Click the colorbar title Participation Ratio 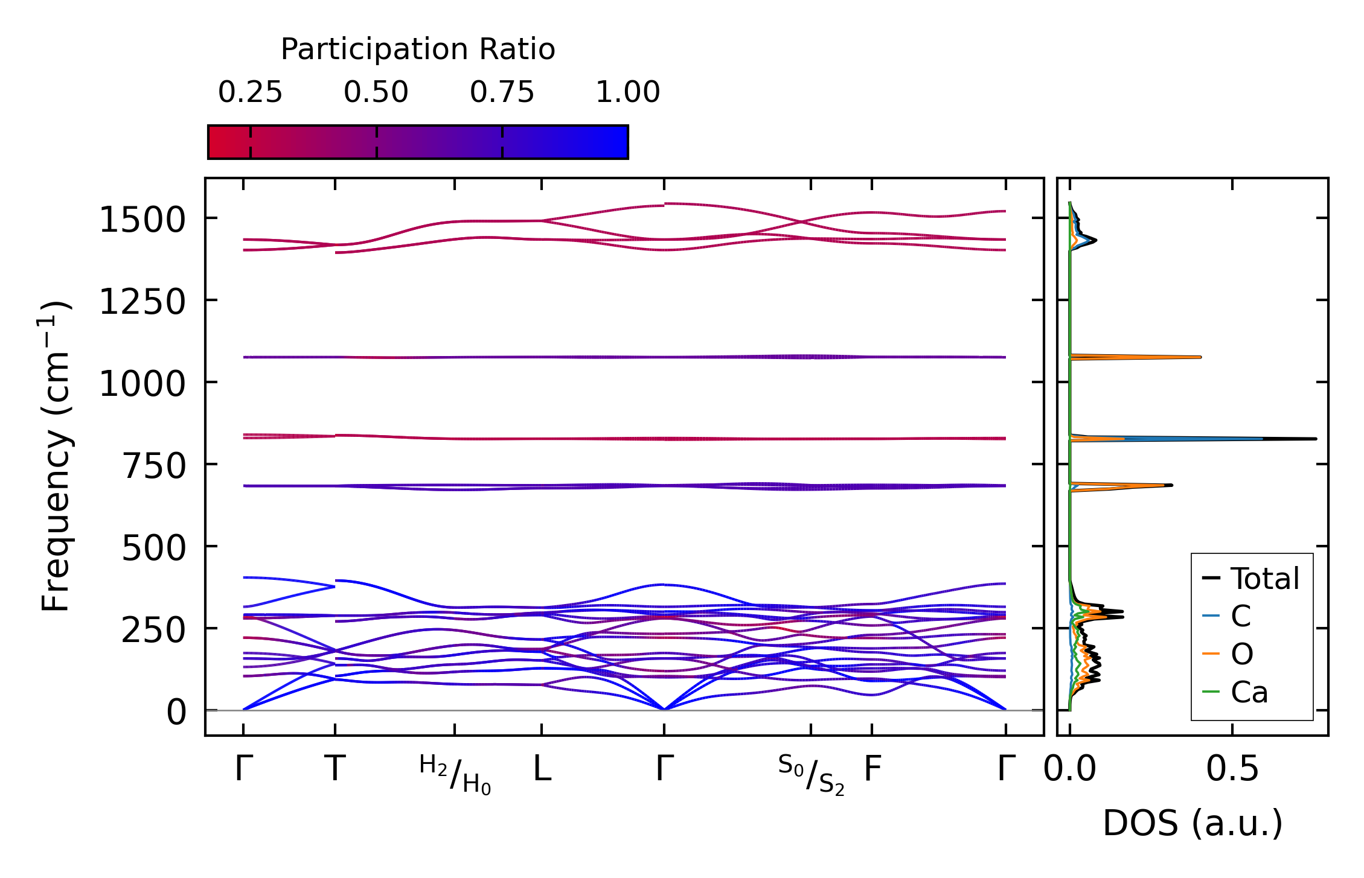pyautogui.click(x=418, y=49)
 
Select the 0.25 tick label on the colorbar pyautogui.click(x=250, y=92)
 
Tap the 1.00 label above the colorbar pyautogui.click(x=628, y=92)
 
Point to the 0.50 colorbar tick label pyautogui.click(x=376, y=92)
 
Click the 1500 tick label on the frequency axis pyautogui.click(x=142, y=220)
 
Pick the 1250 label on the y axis pyautogui.click(x=142, y=302)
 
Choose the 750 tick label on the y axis pyautogui.click(x=154, y=466)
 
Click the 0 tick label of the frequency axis pyautogui.click(x=176, y=712)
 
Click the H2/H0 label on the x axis pyautogui.click(x=455, y=774)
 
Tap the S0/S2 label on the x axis pyautogui.click(x=811, y=774)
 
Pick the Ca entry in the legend pyautogui.click(x=1249, y=692)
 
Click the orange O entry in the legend pyautogui.click(x=1241, y=654)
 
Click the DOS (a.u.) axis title pyautogui.click(x=1193, y=823)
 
